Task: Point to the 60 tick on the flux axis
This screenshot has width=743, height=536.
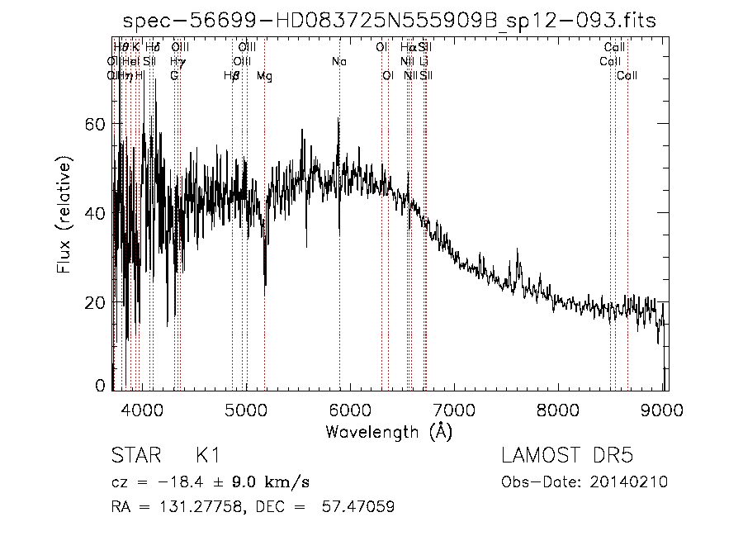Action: tap(97, 124)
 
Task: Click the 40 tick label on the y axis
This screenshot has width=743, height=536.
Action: tap(97, 213)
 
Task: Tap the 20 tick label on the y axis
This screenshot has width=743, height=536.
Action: tap(97, 302)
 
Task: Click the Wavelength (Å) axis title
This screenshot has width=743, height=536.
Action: tap(388, 431)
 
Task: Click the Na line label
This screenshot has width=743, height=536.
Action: tap(339, 61)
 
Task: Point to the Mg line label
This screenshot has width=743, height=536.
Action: tap(264, 76)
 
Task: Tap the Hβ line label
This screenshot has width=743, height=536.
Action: tap(232, 76)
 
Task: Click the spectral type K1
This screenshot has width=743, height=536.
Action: tap(207, 456)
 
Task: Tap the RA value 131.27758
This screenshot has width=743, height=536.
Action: tap(177, 507)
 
